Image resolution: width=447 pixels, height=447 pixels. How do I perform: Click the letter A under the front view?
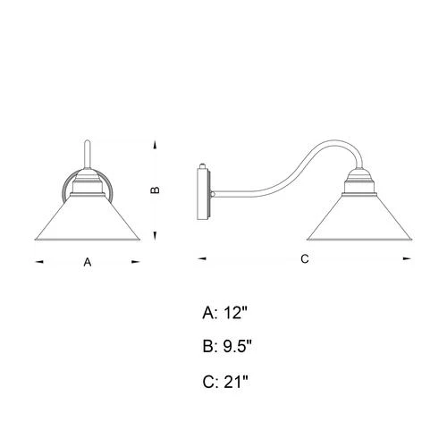pyautogui.click(x=88, y=263)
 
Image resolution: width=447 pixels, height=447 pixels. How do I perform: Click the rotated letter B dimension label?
pyautogui.click(x=154, y=190)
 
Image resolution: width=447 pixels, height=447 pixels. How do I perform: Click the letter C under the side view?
pyautogui.click(x=304, y=260)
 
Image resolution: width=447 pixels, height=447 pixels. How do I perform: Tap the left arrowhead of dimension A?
pyautogui.click(x=38, y=262)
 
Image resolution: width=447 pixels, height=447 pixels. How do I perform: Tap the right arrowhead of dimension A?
pyautogui.click(x=137, y=262)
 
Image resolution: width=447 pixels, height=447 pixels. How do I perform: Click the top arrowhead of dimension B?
pyautogui.click(x=155, y=144)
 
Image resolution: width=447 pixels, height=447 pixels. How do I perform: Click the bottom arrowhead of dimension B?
pyautogui.click(x=155, y=234)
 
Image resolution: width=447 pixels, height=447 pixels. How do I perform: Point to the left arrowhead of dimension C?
pyautogui.click(x=200, y=259)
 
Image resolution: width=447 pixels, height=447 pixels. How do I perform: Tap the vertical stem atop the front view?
pyautogui.click(x=88, y=156)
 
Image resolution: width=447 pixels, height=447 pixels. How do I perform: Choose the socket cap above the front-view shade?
pyautogui.click(x=88, y=186)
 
